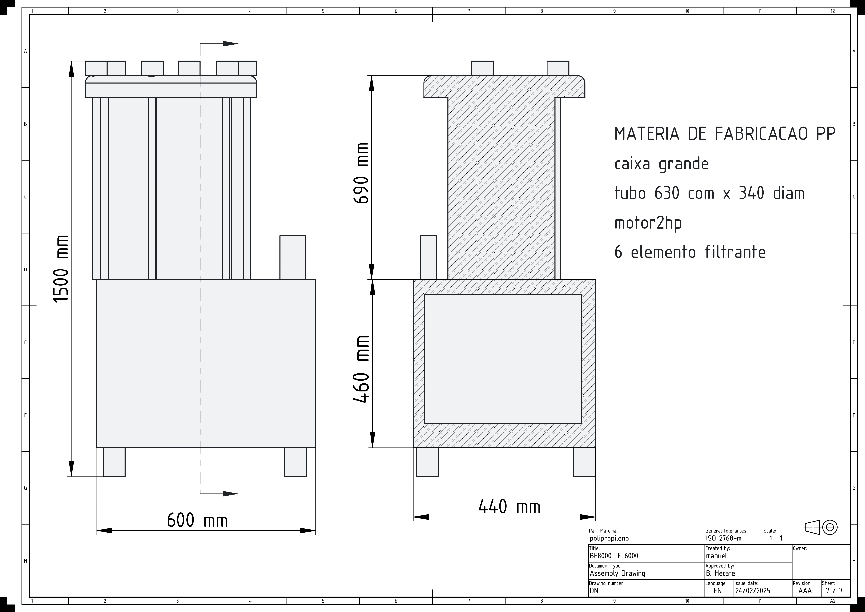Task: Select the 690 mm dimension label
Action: [361, 173]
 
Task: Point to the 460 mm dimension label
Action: [361, 369]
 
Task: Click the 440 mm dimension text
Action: [509, 506]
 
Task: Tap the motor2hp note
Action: [648, 223]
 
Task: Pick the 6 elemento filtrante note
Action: [690, 252]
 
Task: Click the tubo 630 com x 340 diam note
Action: [709, 193]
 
